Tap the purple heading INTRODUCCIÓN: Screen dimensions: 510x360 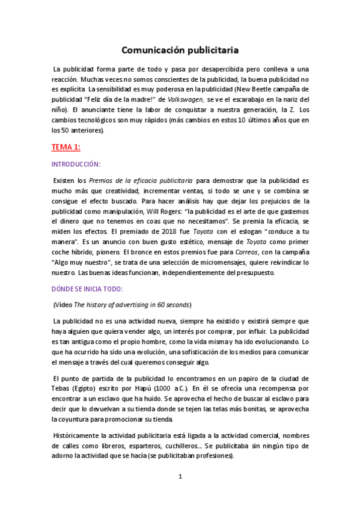pos(76,163)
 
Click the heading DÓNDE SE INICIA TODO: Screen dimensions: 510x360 pos(88,288)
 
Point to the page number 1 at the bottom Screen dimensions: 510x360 pos(180,477)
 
